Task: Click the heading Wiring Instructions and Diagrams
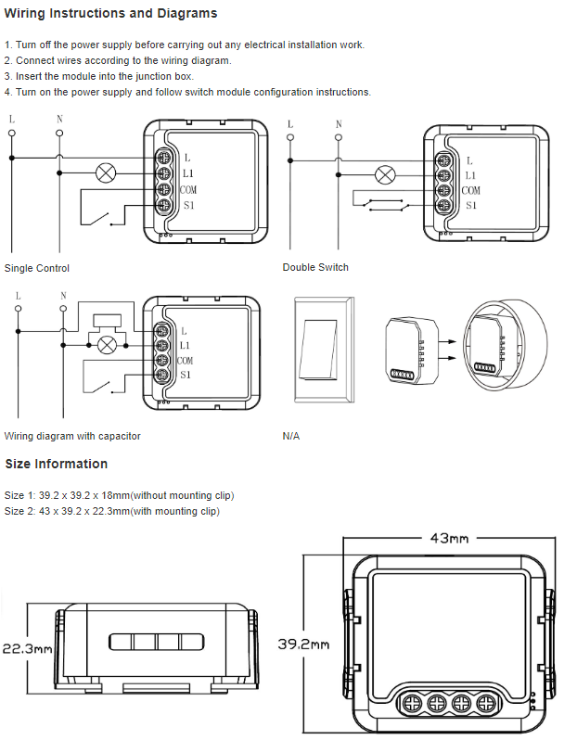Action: coord(111,14)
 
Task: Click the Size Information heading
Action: coord(57,464)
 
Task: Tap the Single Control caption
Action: coord(37,268)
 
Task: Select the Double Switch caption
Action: coord(315,267)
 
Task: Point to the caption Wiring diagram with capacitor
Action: coord(72,436)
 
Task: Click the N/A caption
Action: coord(291,436)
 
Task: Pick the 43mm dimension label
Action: coord(449,538)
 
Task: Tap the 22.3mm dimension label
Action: coord(27,648)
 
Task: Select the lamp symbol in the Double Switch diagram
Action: coord(384,174)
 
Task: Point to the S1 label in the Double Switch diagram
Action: coord(471,206)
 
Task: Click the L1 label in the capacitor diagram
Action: coord(185,346)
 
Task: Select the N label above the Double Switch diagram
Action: coord(339,125)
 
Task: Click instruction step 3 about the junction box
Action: coord(99,76)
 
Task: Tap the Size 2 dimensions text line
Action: coord(112,511)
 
